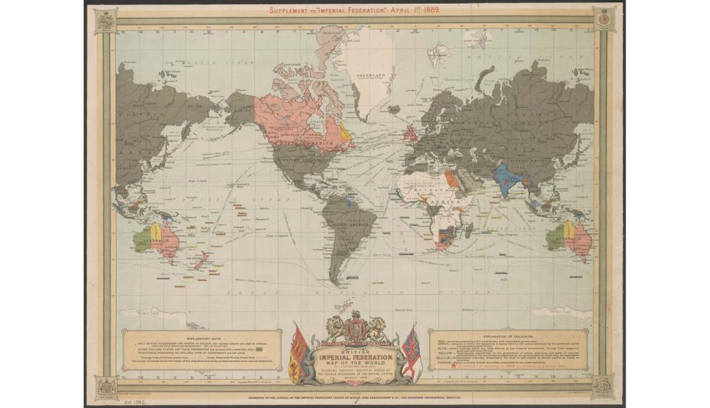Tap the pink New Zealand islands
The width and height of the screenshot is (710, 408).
coord(199,261)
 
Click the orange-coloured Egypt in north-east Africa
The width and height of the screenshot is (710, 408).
coord(452,179)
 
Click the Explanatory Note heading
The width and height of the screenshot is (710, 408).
coord(200,338)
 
